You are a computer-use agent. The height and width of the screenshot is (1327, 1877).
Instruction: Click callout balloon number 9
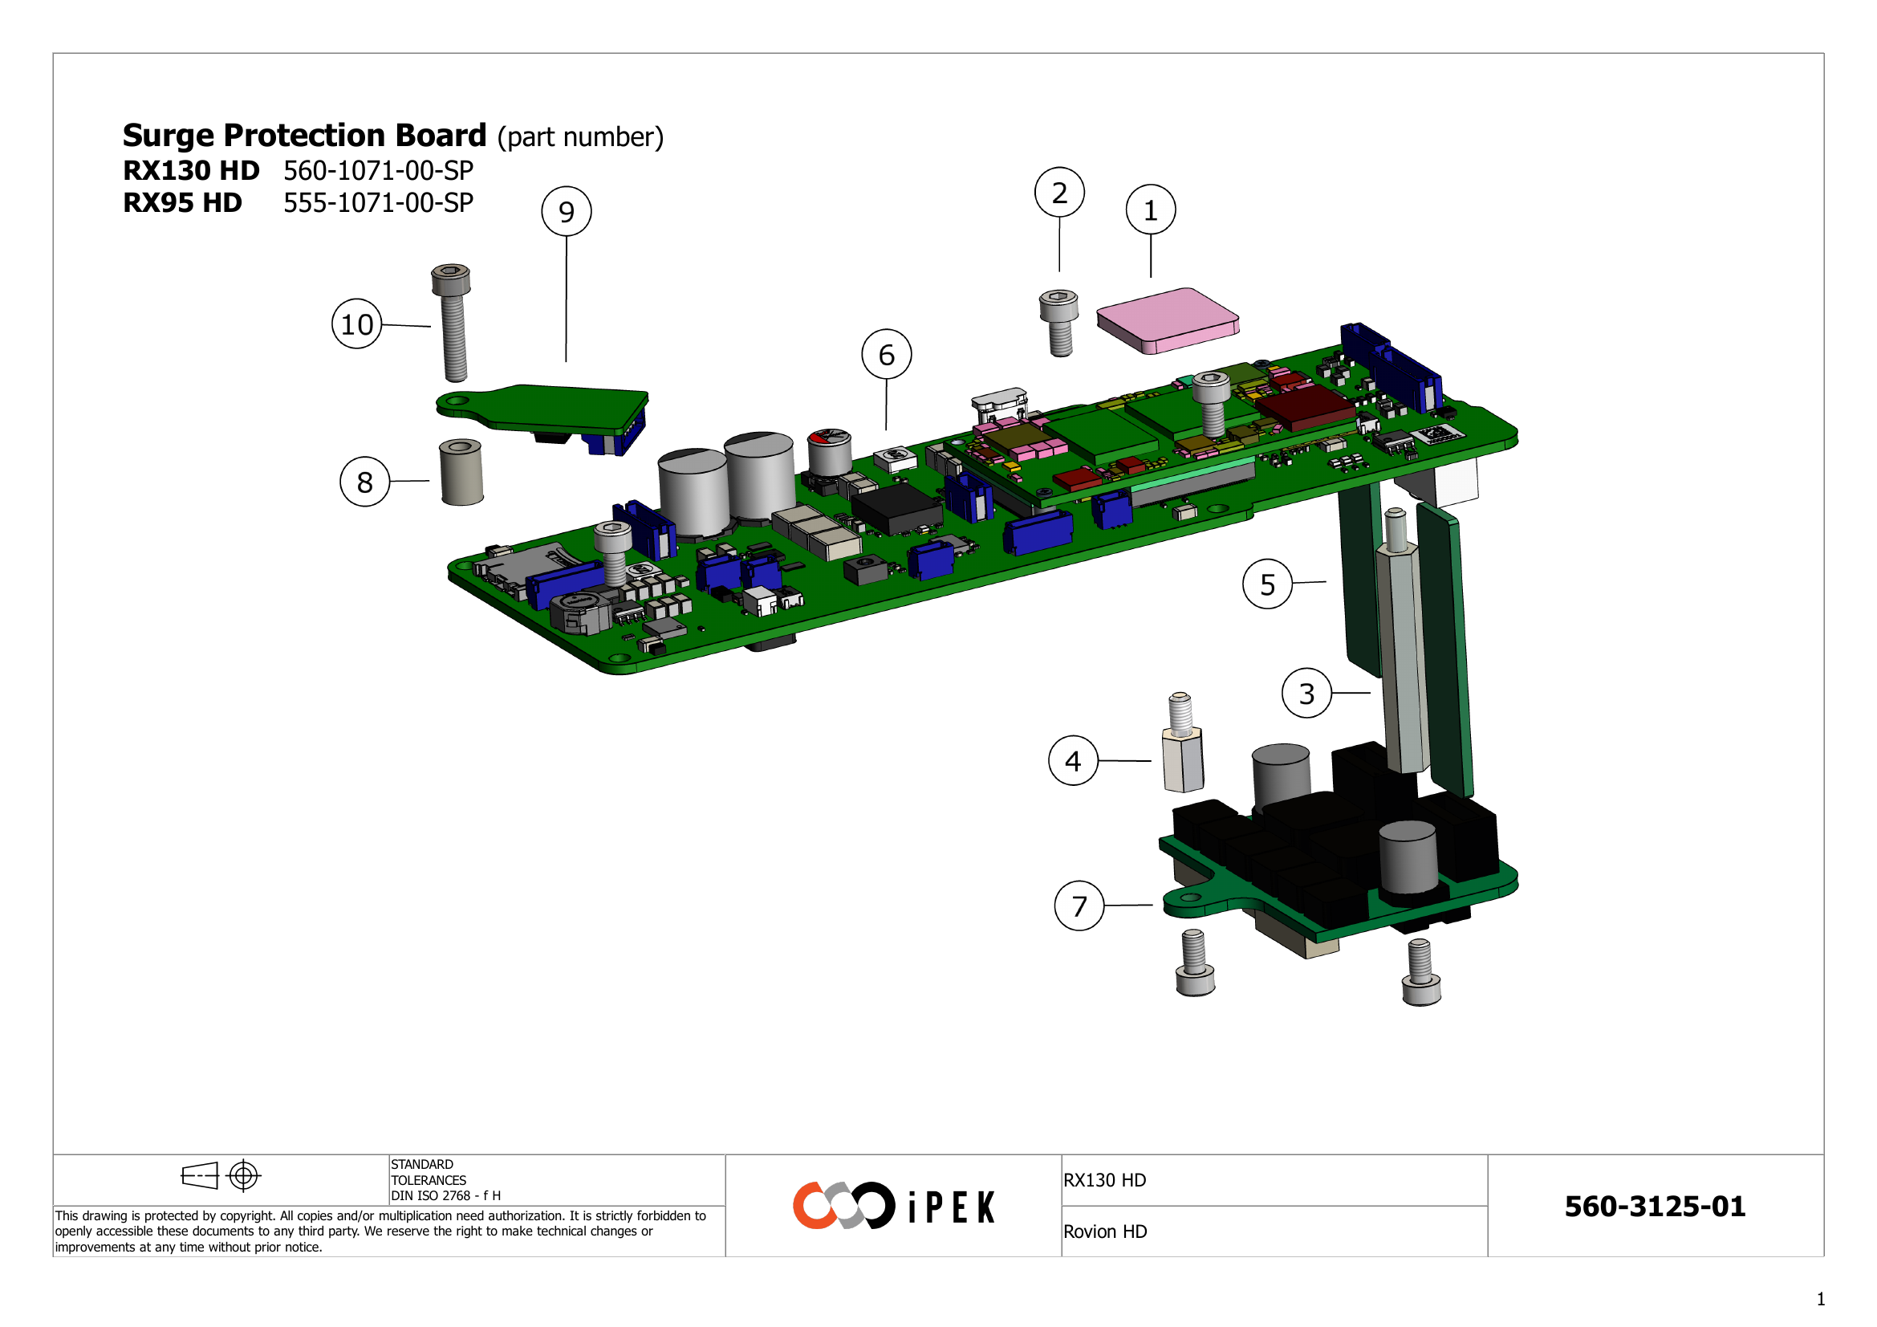coord(567,212)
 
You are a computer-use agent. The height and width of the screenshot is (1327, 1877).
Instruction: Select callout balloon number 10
coord(356,324)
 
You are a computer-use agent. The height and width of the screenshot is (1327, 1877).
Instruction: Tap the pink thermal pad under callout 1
coord(1168,320)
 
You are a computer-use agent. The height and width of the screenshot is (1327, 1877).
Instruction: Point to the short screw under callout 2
coord(1059,322)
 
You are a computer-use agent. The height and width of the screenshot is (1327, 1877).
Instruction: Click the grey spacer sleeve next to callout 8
coord(461,473)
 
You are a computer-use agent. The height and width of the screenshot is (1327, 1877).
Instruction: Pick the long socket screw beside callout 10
coord(453,323)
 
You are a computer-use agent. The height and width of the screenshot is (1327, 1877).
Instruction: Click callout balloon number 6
coord(886,355)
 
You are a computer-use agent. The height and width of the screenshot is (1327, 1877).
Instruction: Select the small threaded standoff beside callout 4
coord(1182,744)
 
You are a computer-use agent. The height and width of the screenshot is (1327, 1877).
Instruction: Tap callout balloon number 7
coord(1079,906)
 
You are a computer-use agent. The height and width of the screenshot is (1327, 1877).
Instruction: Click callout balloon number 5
coord(1267,584)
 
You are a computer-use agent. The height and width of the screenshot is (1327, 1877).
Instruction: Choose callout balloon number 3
coord(1306,694)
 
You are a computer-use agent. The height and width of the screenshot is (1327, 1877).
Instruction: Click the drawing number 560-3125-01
coord(1655,1207)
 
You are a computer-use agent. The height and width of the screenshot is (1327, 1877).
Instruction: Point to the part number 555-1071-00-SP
coord(378,203)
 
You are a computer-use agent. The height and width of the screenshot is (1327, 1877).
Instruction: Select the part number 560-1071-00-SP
coord(378,171)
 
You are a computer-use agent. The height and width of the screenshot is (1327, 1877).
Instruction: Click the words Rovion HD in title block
coord(1104,1232)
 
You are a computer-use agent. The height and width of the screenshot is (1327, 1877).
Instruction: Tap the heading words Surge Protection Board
coord(304,136)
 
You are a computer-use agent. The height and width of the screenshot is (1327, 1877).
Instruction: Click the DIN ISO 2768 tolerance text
coord(445,1195)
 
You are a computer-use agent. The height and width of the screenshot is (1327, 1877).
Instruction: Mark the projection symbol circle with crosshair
coord(244,1176)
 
